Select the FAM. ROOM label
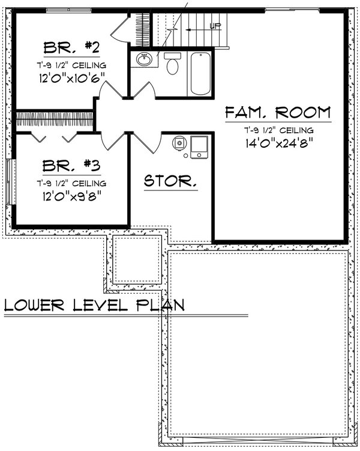pyautogui.click(x=278, y=112)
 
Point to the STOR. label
pyautogui.click(x=170, y=181)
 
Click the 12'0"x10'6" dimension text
pyautogui.click(x=71, y=77)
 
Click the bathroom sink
pyautogui.click(x=144, y=59)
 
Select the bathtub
pyautogui.click(x=200, y=73)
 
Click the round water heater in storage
pyautogui.click(x=179, y=143)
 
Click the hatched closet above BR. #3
pyautogui.click(x=54, y=118)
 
